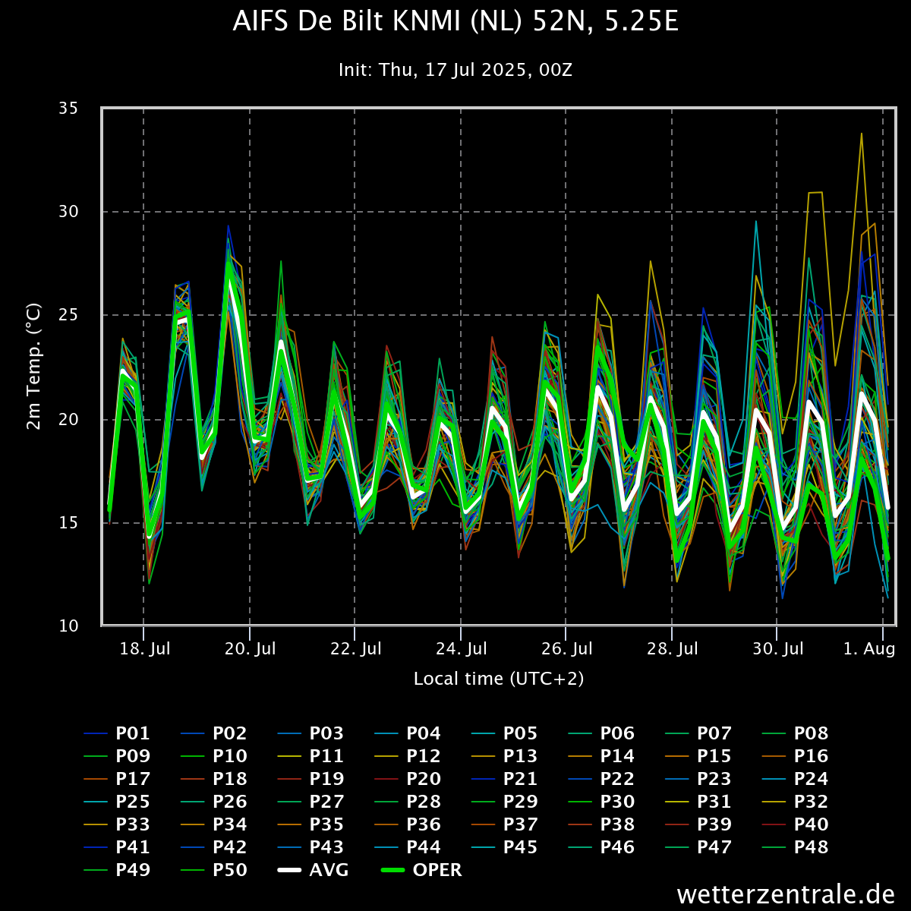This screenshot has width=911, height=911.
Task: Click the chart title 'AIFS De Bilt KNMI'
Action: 455,22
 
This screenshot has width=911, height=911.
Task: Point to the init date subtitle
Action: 455,70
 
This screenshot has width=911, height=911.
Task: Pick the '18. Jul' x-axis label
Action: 145,649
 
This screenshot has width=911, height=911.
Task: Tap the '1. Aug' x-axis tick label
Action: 870,649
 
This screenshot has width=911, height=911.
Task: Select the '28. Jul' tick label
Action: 673,649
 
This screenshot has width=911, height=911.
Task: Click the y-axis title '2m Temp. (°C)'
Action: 34,367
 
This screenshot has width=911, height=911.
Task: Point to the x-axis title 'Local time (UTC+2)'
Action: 499,679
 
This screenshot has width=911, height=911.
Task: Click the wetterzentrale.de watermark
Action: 786,894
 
